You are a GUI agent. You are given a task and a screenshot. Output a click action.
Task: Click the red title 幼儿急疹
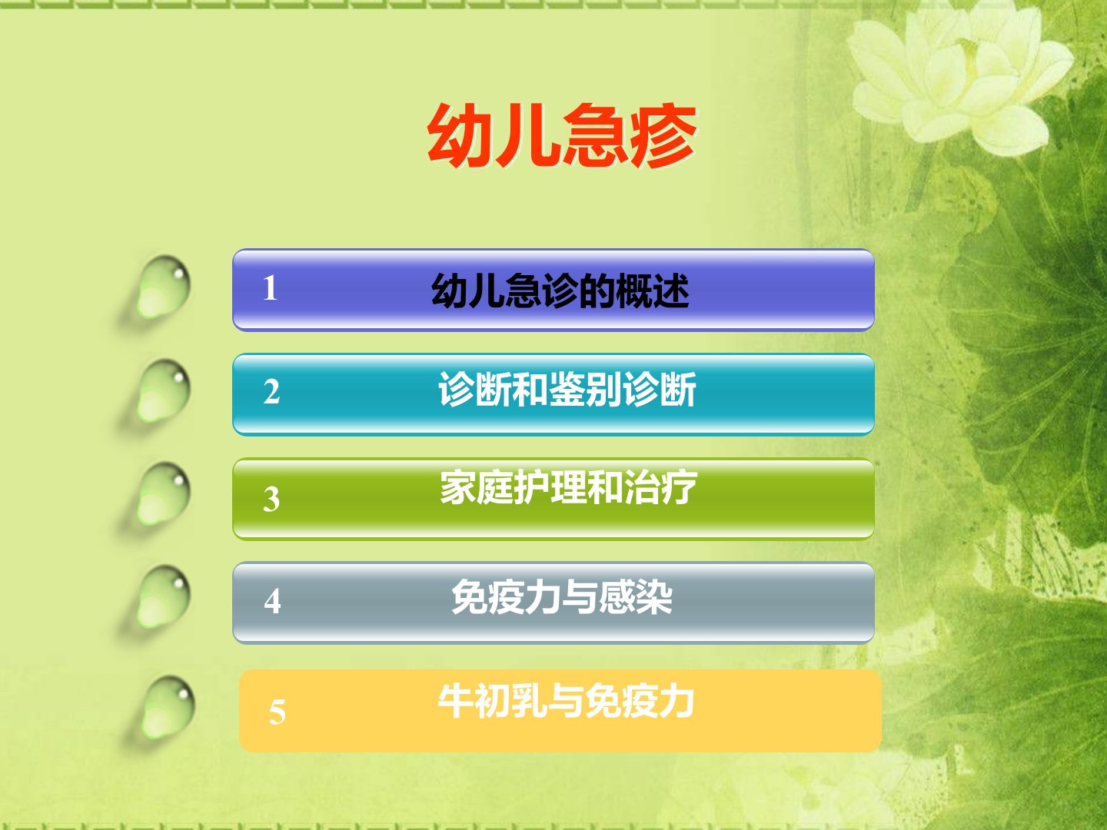562,135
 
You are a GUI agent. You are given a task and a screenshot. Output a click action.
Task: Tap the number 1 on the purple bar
271,288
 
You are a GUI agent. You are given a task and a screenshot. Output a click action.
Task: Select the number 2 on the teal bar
271,392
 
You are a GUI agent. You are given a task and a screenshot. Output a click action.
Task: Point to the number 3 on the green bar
271,500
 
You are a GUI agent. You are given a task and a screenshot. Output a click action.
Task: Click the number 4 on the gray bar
272,601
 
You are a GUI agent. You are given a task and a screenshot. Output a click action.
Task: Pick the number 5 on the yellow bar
277,712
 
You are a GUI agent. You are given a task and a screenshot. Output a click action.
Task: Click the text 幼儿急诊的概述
560,290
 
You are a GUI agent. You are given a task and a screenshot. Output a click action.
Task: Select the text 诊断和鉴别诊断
567,389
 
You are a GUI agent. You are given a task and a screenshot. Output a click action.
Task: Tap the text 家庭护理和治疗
568,487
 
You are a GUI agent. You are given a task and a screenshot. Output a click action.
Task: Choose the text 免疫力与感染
562,597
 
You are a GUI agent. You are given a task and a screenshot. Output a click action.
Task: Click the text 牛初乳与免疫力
566,700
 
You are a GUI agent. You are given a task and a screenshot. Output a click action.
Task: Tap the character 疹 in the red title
663,135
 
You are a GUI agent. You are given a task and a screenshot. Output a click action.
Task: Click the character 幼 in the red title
460,135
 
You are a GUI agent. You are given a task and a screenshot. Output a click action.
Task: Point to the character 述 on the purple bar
671,290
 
